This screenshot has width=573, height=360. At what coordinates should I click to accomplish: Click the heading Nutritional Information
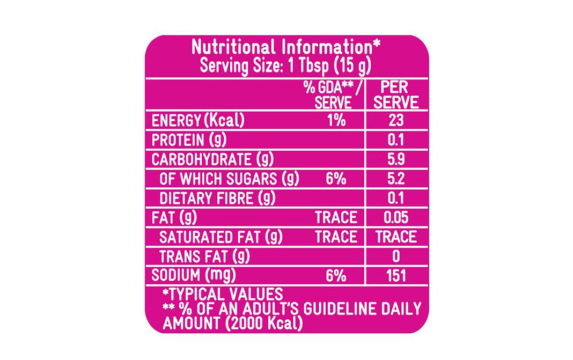pos(286,47)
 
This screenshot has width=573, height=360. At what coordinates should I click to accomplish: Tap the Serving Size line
pos(286,66)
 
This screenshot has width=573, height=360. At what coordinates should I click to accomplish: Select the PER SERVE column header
pos(396,95)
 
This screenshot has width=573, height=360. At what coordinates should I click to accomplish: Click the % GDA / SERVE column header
pos(333,95)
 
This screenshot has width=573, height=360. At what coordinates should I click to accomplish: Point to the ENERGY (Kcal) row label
pos(198,121)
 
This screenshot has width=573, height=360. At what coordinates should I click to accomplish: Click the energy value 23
pos(396,121)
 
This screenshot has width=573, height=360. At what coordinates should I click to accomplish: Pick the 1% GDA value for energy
pos(336,121)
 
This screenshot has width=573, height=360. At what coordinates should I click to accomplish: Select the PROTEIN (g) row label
pos(189,140)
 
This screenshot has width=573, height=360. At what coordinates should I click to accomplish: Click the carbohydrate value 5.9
pos(396,159)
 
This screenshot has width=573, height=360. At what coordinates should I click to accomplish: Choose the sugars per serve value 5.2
pos(396,179)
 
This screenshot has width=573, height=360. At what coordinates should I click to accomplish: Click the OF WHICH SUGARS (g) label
pos(229,179)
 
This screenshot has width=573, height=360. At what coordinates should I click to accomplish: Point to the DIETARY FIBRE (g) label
pos(217,198)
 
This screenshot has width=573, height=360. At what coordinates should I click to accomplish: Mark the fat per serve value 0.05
pos(396,217)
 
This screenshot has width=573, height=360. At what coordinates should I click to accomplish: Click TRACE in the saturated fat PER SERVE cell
pos(396,237)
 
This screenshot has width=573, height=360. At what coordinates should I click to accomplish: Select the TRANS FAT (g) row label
pos(204,256)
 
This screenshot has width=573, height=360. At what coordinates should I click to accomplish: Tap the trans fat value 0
pos(396,256)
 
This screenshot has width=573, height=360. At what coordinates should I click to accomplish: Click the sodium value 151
pos(396,276)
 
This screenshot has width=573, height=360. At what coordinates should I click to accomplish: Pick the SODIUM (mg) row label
pos(194,275)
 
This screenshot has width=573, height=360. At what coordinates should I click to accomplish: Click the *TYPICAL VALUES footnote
pos(222,294)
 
